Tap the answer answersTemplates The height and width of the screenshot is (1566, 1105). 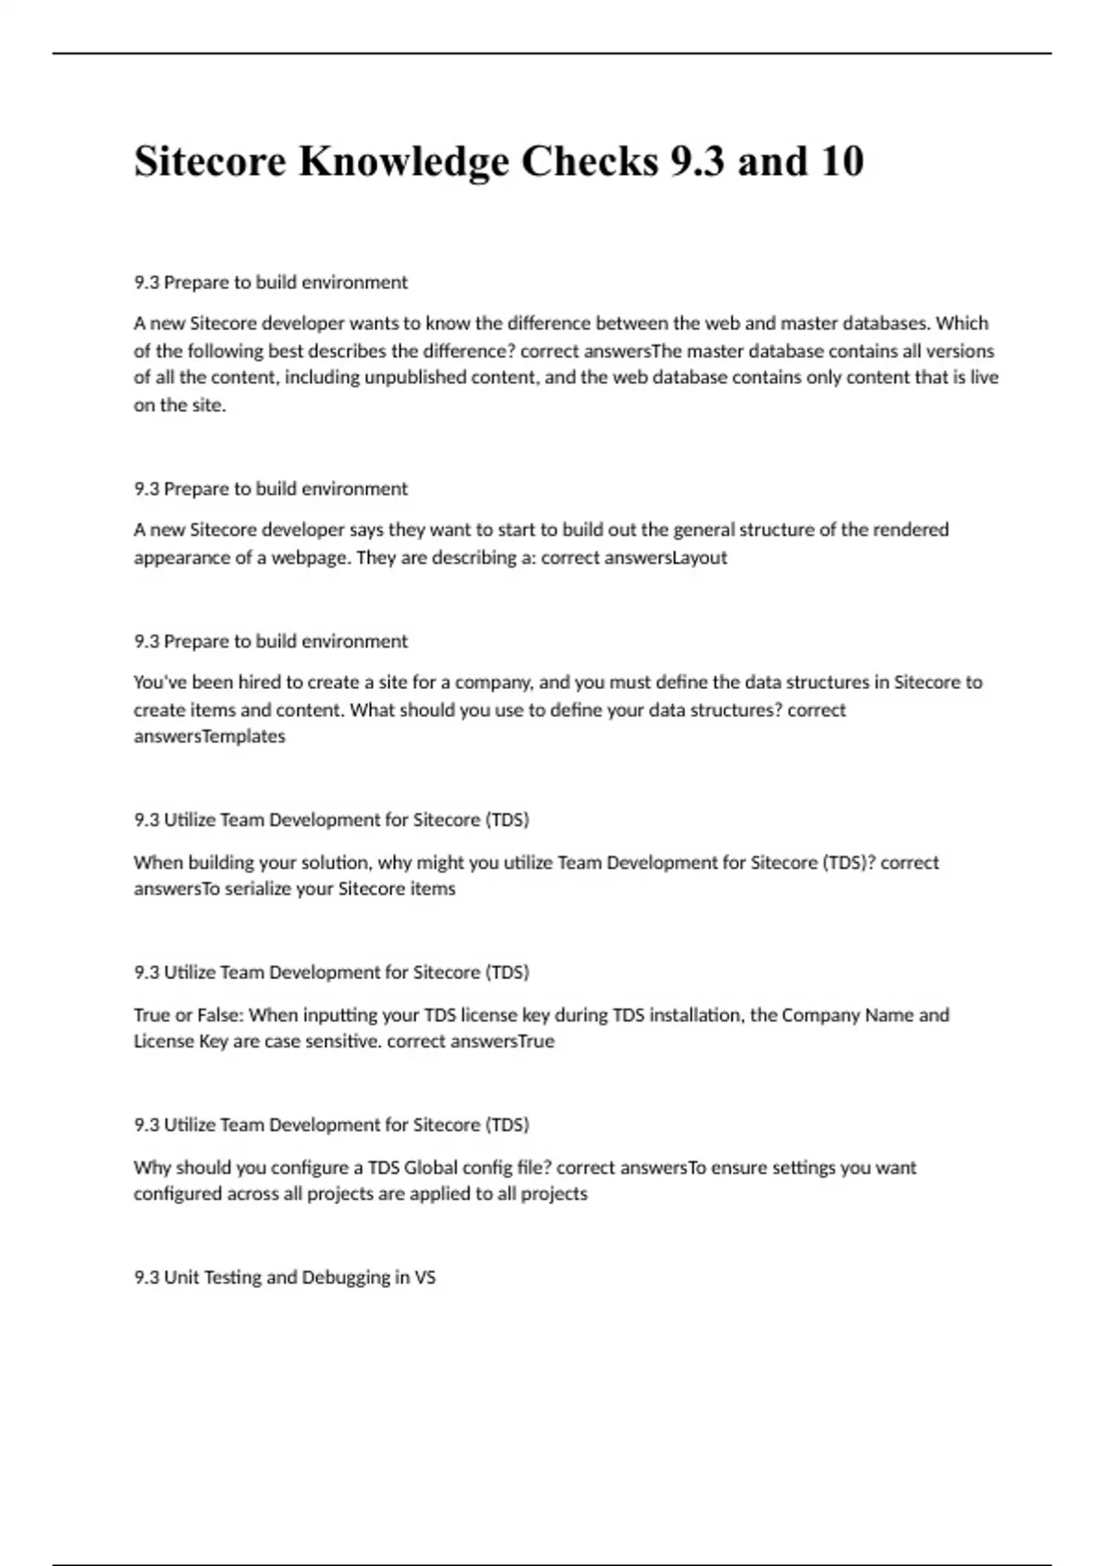coord(209,736)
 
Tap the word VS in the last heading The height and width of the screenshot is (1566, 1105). coord(425,1278)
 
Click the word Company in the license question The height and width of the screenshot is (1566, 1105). coord(820,1015)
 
